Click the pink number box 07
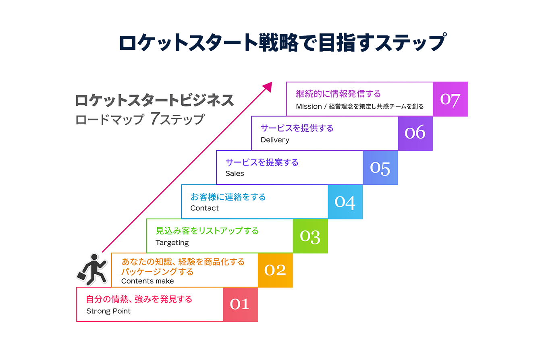tap(450, 99)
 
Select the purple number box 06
tap(415, 133)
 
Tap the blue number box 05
tap(380, 168)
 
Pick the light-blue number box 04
tap(345, 202)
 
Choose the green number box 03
tap(310, 236)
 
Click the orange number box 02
tap(275, 270)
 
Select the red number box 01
tap(240, 304)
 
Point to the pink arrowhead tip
tap(271, 83)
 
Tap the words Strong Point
tap(108, 311)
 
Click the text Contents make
tap(147, 281)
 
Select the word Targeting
tap(172, 242)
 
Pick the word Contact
tap(205, 208)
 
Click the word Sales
tap(235, 174)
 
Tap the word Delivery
tap(275, 140)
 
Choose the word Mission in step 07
tap(309, 106)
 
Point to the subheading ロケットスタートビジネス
tap(154, 100)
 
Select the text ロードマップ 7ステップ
tap(140, 119)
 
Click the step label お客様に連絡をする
tap(228, 197)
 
